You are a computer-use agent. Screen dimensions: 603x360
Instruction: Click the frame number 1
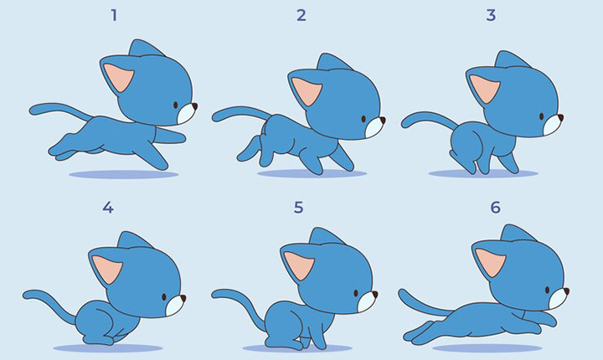pos(114,15)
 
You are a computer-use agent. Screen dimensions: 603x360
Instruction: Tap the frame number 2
pos(301,15)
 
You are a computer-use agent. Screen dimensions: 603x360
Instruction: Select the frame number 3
pos(491,15)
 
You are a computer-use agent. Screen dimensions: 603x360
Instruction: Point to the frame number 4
pos(108,208)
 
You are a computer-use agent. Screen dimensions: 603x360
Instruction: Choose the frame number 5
pos(298,208)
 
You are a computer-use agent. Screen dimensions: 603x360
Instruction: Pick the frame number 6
pos(495,208)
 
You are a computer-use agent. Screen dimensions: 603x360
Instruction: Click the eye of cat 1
pos(175,105)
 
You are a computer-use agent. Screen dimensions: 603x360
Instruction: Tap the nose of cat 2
pos(382,121)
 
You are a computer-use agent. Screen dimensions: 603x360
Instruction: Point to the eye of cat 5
pos(356,294)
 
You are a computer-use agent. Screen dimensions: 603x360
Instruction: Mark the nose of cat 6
pos(566,291)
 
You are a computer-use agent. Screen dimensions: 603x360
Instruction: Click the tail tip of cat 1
pos(33,111)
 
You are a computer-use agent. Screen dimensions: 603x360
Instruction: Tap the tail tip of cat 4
pos(26,295)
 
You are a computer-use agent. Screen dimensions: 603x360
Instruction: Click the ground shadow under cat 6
pos(487,348)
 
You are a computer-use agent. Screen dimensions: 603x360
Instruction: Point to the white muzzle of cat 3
pos(552,126)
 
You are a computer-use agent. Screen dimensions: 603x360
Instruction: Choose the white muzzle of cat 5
pos(366,301)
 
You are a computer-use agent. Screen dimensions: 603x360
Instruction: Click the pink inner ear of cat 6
pos(490,262)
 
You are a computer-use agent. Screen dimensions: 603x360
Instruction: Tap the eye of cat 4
pos(164,297)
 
